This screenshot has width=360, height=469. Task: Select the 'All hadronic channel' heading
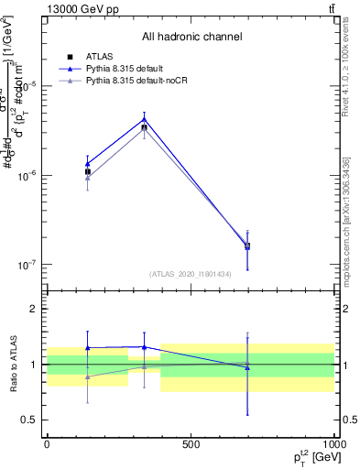tap(191, 38)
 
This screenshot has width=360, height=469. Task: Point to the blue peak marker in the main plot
tap(144, 119)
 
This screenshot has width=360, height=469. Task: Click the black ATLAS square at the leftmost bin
tap(88, 171)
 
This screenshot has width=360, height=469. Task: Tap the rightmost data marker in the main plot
tap(247, 245)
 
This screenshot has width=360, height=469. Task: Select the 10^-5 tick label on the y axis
tap(27, 86)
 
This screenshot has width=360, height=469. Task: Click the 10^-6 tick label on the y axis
tap(27, 176)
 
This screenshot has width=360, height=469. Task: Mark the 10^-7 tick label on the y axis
tap(27, 265)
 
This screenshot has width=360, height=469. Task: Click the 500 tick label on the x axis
tap(191, 444)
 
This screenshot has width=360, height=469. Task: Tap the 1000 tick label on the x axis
tap(333, 444)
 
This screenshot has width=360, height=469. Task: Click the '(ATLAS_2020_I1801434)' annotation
tap(191, 274)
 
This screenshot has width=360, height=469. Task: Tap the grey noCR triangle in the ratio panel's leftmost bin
tap(88, 376)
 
